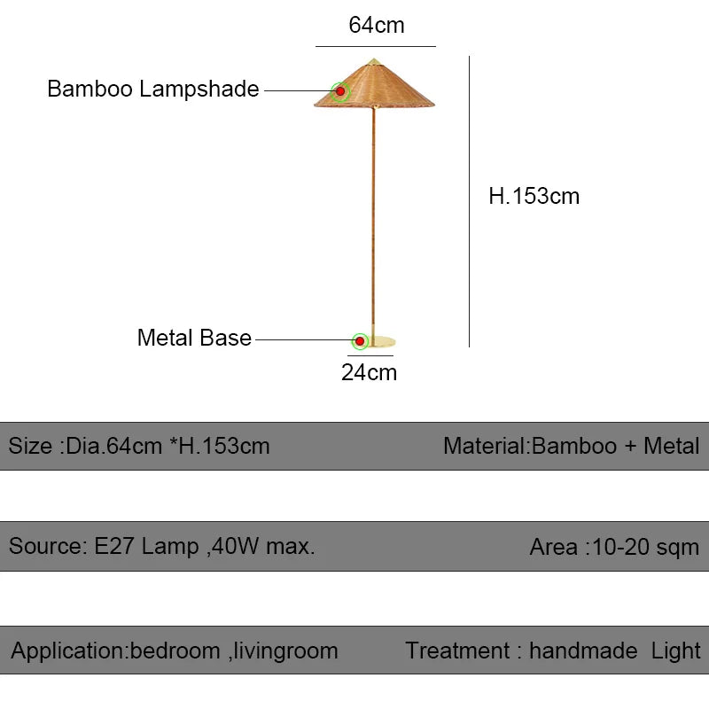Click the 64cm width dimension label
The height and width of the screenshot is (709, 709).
click(x=376, y=25)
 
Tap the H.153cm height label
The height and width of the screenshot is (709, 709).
click(x=534, y=196)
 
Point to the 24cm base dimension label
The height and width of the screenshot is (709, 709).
click(x=369, y=372)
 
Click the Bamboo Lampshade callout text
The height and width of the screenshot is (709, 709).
click(x=152, y=90)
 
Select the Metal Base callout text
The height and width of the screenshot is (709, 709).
click(x=194, y=339)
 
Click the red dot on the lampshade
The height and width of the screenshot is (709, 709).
click(x=340, y=90)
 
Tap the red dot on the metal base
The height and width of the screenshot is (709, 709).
click(x=360, y=340)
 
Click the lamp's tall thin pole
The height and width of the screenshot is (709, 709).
click(x=373, y=222)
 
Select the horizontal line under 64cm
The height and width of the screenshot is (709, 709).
click(x=376, y=46)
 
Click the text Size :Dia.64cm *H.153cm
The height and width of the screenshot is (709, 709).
click(x=139, y=446)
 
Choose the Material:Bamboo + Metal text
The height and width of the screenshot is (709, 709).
click(x=571, y=446)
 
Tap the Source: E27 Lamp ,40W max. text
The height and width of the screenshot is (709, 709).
click(x=162, y=547)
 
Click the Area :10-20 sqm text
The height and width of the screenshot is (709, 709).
click(x=613, y=547)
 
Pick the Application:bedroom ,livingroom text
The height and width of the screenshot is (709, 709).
click(x=175, y=651)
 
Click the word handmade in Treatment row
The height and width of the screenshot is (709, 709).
click(x=582, y=651)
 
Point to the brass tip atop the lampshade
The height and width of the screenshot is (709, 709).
click(x=374, y=61)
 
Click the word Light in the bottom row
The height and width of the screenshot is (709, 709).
click(x=675, y=651)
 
